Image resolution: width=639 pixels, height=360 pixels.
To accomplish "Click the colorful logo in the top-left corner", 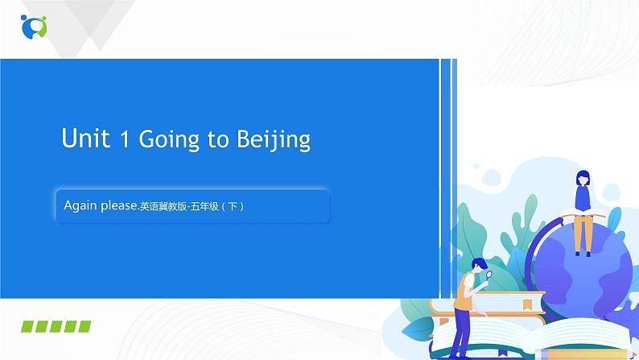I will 34,26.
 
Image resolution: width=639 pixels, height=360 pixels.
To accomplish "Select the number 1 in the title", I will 124,139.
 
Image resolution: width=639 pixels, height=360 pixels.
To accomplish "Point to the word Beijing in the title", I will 274,140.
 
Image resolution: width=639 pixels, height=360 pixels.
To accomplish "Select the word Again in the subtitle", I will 80,205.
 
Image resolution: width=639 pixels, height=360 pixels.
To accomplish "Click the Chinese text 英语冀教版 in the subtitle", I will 160,206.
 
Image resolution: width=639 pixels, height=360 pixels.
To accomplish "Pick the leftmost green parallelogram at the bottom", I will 29,326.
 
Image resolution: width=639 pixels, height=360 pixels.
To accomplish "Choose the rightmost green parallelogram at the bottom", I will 84,326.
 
